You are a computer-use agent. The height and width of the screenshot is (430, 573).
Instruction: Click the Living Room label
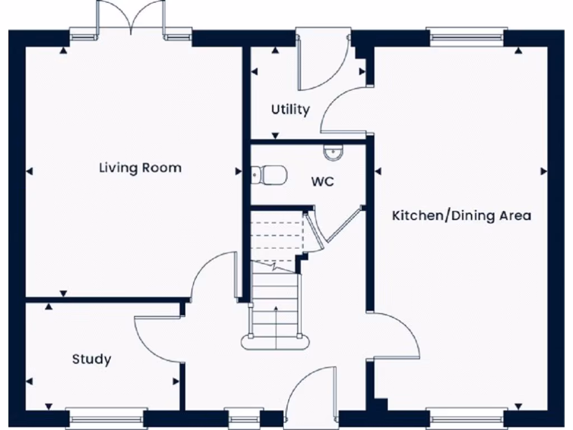[140, 167]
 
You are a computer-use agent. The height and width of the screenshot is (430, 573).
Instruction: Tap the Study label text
[91, 359]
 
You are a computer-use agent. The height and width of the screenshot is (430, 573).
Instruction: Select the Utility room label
[290, 109]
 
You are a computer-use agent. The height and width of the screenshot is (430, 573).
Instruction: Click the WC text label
[322, 182]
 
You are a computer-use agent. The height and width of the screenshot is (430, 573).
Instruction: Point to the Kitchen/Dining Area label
[461, 216]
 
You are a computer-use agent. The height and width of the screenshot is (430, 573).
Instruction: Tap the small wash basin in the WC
[332, 152]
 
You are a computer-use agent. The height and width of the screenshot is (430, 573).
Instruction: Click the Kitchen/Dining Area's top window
[467, 37]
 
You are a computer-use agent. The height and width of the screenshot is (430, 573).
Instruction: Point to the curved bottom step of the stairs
[275, 341]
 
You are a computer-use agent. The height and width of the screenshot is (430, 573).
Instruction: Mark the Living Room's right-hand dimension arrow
[238, 171]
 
